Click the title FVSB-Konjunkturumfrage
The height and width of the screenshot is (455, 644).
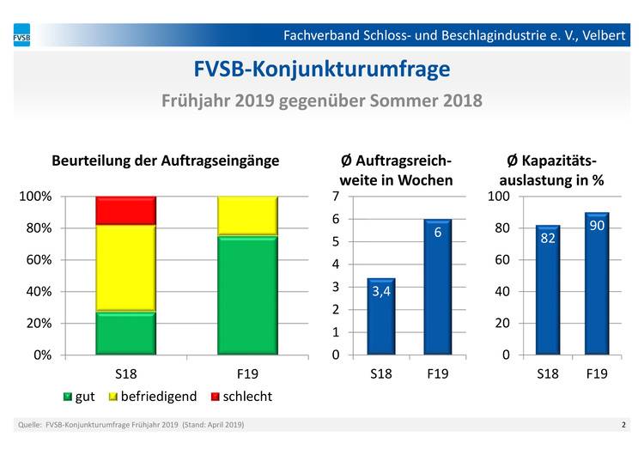(322, 69)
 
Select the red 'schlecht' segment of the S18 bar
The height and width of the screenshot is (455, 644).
(125, 210)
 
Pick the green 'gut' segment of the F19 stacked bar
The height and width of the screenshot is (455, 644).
(247, 294)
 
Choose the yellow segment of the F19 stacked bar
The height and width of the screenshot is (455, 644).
(247, 215)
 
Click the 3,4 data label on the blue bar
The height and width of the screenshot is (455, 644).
(382, 293)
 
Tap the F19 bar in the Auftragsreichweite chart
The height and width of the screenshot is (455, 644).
(437, 287)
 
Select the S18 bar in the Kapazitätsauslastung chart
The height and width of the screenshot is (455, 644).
(548, 289)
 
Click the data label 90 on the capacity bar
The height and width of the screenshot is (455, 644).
(597, 225)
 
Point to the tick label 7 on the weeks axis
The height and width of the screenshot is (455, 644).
(336, 197)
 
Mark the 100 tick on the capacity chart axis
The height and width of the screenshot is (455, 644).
(499, 197)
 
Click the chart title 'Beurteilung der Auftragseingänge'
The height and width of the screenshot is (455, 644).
(166, 161)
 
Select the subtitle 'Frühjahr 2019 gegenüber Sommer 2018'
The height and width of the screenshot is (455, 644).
(322, 100)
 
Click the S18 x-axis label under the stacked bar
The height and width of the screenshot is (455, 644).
(125, 374)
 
